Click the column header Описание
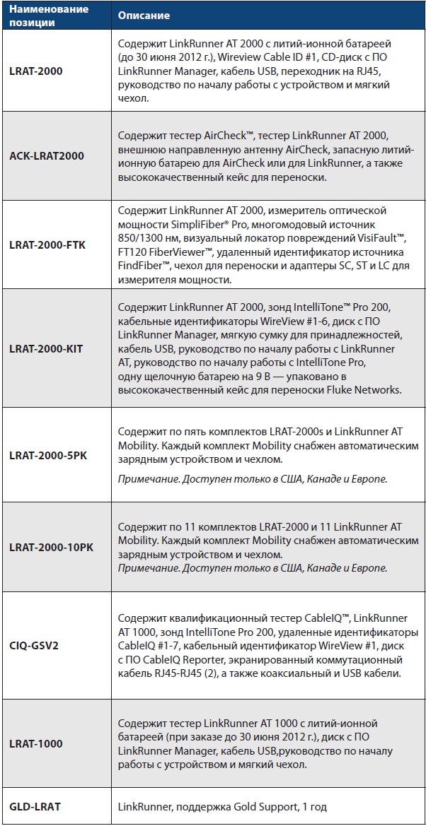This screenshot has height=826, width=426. [x=144, y=16]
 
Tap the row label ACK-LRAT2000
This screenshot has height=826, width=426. [x=47, y=155]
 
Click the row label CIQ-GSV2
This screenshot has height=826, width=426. [x=36, y=645]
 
